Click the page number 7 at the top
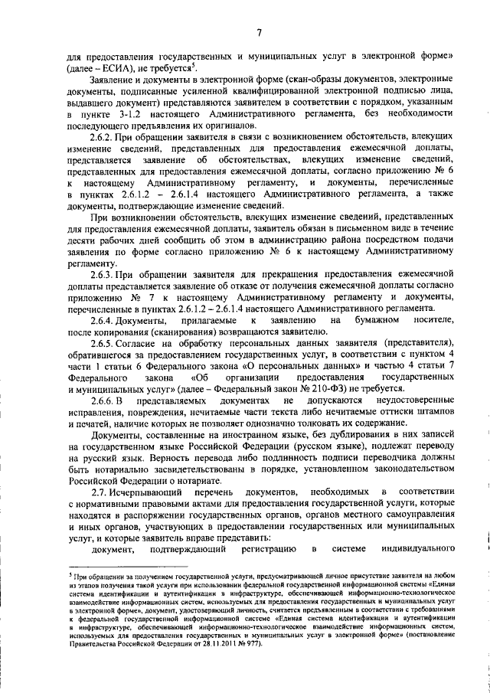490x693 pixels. click(259, 32)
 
